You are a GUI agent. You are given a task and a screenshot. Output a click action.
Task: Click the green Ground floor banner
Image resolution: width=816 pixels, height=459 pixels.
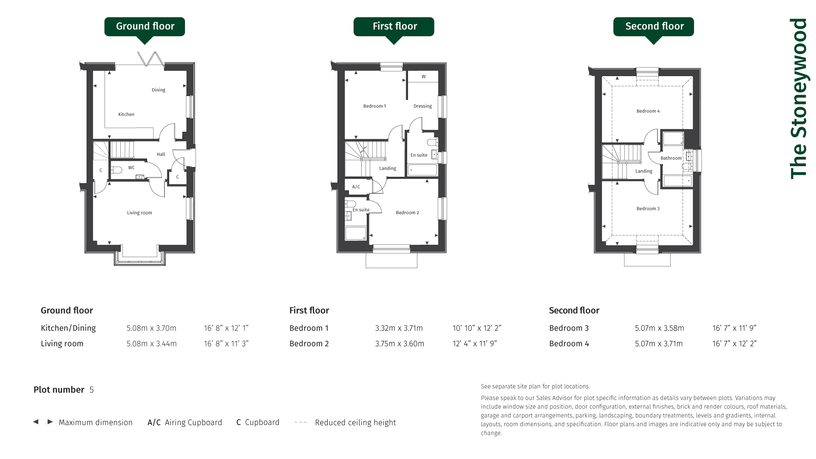144,27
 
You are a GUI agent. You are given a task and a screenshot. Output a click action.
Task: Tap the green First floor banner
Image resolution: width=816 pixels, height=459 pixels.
394,27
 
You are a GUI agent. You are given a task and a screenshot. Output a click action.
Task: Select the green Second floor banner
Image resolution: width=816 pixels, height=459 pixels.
654,27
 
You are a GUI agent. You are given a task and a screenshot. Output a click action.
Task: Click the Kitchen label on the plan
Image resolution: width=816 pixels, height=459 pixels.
126,114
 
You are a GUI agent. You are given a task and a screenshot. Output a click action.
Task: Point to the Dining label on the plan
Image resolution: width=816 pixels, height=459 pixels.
159,90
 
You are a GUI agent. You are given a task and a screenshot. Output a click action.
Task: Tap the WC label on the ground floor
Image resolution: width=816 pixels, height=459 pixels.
131,168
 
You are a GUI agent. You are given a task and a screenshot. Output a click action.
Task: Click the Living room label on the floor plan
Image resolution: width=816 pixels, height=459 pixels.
139,213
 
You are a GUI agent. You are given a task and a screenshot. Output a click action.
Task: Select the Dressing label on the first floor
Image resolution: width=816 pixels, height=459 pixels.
422,106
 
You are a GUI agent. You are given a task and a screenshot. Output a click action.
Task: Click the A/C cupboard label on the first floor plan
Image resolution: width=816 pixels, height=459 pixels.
356,187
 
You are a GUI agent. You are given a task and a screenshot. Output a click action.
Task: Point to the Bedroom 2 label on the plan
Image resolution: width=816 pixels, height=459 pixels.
408,213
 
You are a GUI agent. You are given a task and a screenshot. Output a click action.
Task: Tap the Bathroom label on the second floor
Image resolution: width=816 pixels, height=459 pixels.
671,158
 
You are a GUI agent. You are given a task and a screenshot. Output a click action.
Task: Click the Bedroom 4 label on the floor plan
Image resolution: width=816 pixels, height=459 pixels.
648,111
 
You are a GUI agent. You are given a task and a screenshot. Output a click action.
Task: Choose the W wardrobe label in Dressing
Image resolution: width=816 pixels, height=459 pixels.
424,77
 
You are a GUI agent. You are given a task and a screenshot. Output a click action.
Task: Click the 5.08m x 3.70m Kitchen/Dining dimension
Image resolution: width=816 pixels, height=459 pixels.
151,328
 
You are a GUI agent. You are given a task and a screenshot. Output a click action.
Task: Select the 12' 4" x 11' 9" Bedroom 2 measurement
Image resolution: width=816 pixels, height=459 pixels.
475,344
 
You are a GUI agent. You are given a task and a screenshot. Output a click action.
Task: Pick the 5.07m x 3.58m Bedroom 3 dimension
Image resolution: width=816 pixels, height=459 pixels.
660,328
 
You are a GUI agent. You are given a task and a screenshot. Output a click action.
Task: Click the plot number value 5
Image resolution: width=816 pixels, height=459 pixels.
91,390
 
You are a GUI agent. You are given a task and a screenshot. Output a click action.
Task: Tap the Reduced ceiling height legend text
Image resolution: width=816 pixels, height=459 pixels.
355,422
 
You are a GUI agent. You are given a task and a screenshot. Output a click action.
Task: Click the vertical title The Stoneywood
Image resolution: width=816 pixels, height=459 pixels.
798,99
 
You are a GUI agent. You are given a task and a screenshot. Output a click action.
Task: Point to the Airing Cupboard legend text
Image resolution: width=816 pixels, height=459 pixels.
193,422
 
